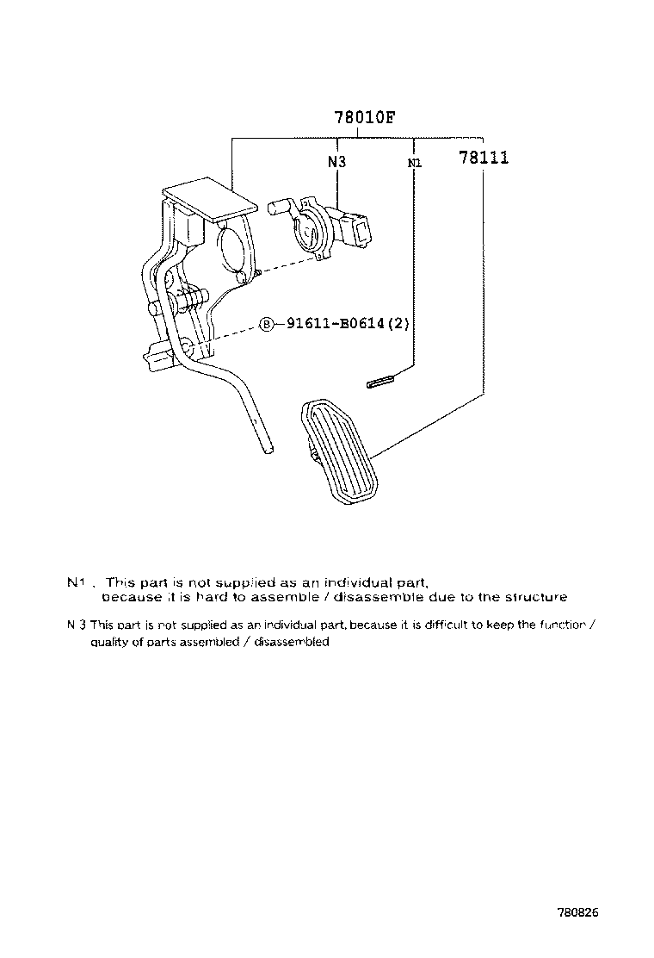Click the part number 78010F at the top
pos(364,119)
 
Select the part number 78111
pos(483,158)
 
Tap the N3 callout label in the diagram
pos(336,161)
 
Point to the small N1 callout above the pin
pos(414,162)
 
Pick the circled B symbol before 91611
pos(267,325)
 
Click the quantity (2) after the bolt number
pos(397,325)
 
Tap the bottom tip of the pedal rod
pos(268,448)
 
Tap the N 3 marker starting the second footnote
pos(76,625)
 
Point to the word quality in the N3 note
pos(108,642)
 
